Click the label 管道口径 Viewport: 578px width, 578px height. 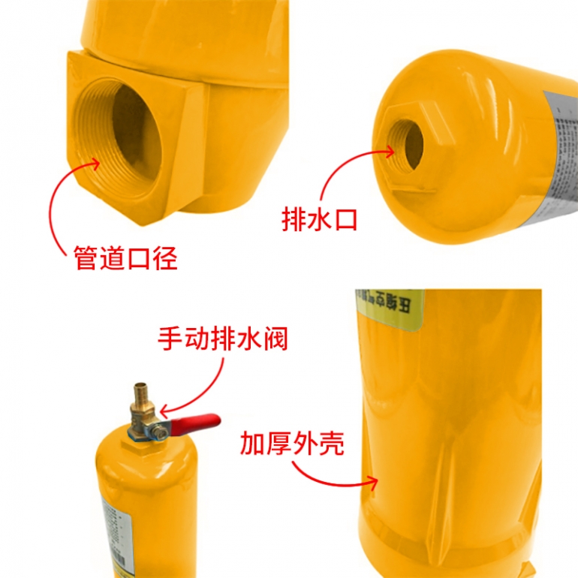(126, 258)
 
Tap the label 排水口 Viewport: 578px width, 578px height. (319, 219)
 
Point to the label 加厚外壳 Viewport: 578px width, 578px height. (292, 443)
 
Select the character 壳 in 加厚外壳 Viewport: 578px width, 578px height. (331, 443)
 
